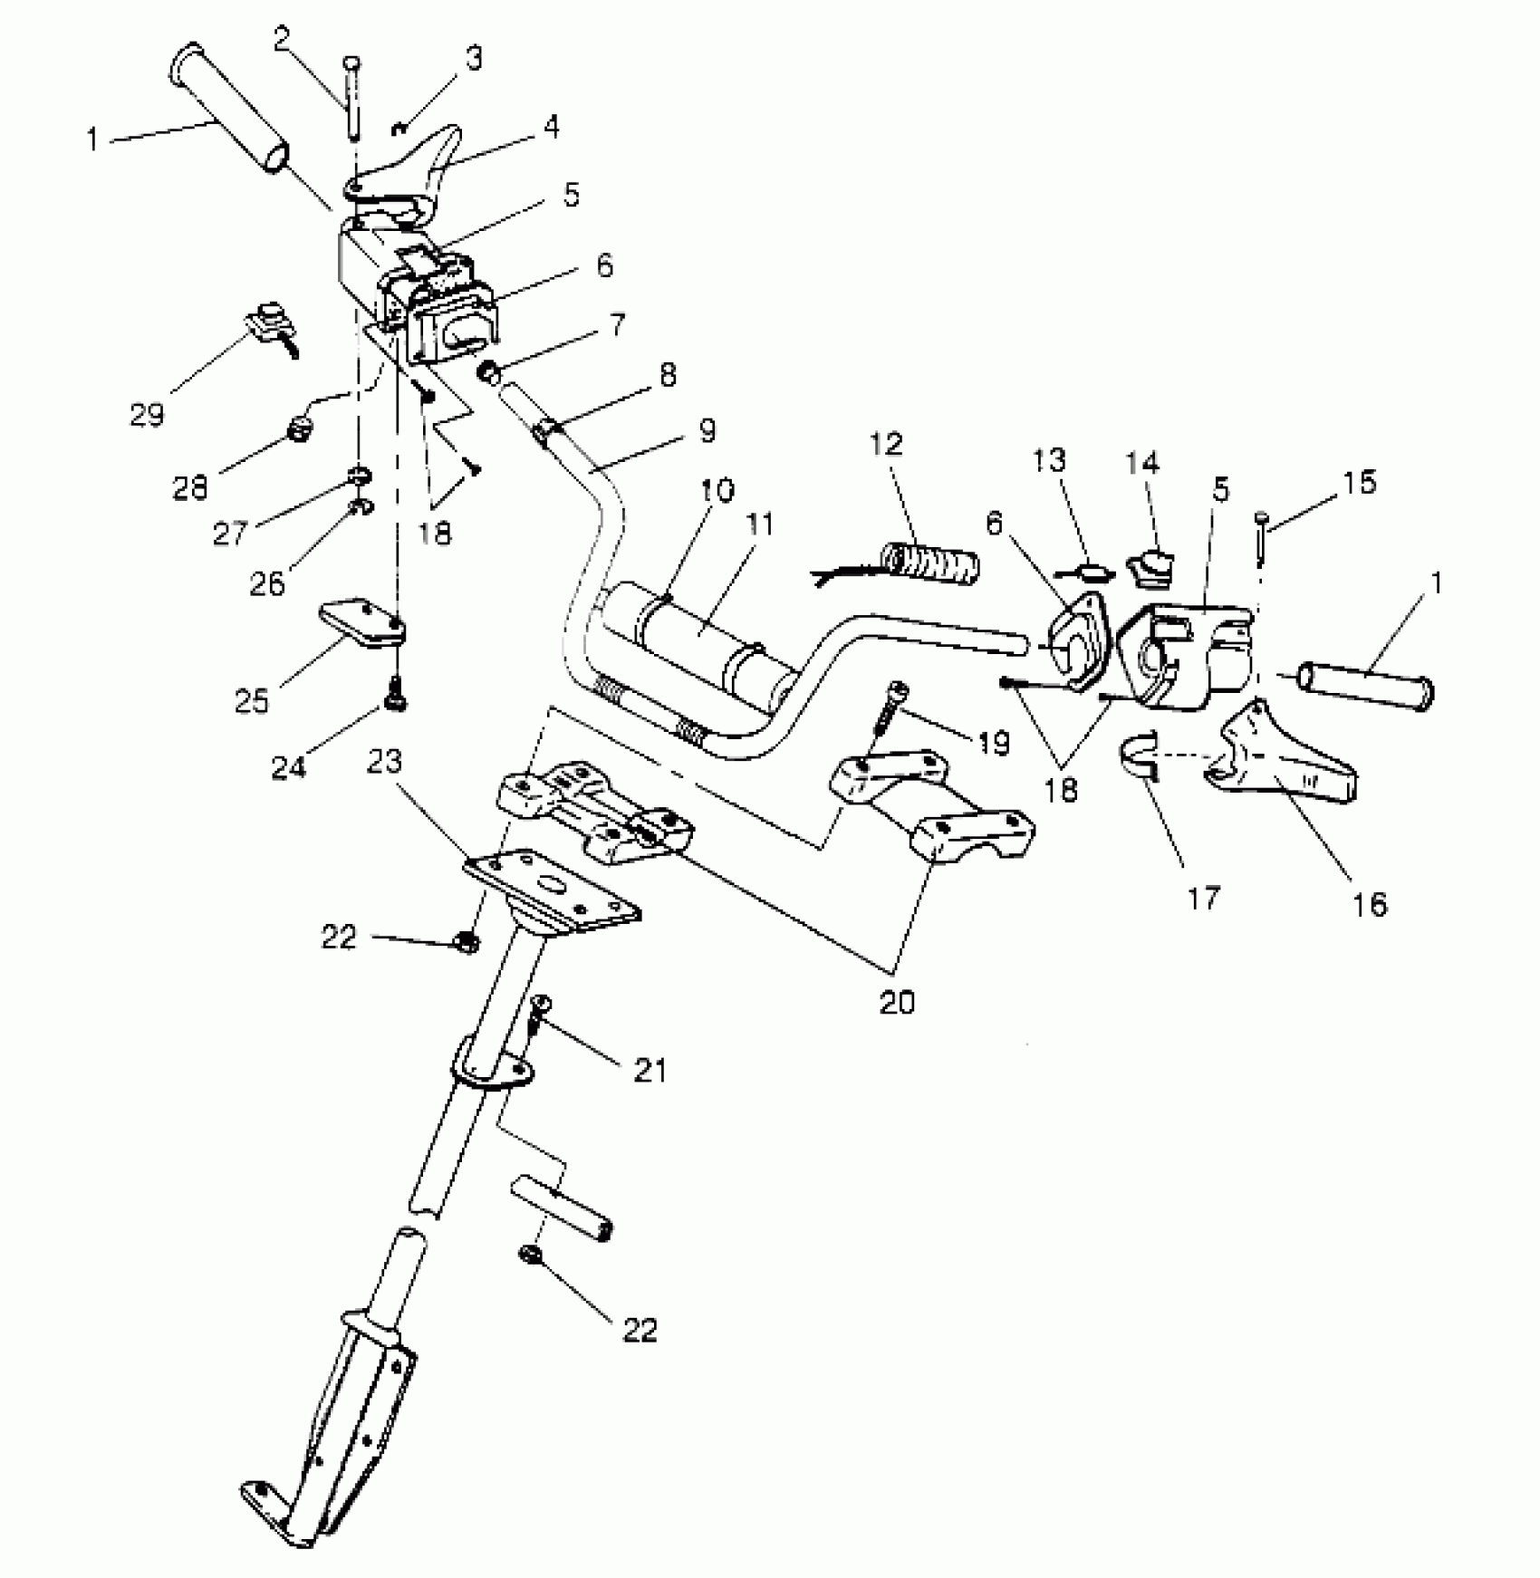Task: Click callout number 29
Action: [148, 414]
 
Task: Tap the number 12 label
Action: [887, 444]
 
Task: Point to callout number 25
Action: [253, 699]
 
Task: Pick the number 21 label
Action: [650, 1070]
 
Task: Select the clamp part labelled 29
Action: [270, 327]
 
